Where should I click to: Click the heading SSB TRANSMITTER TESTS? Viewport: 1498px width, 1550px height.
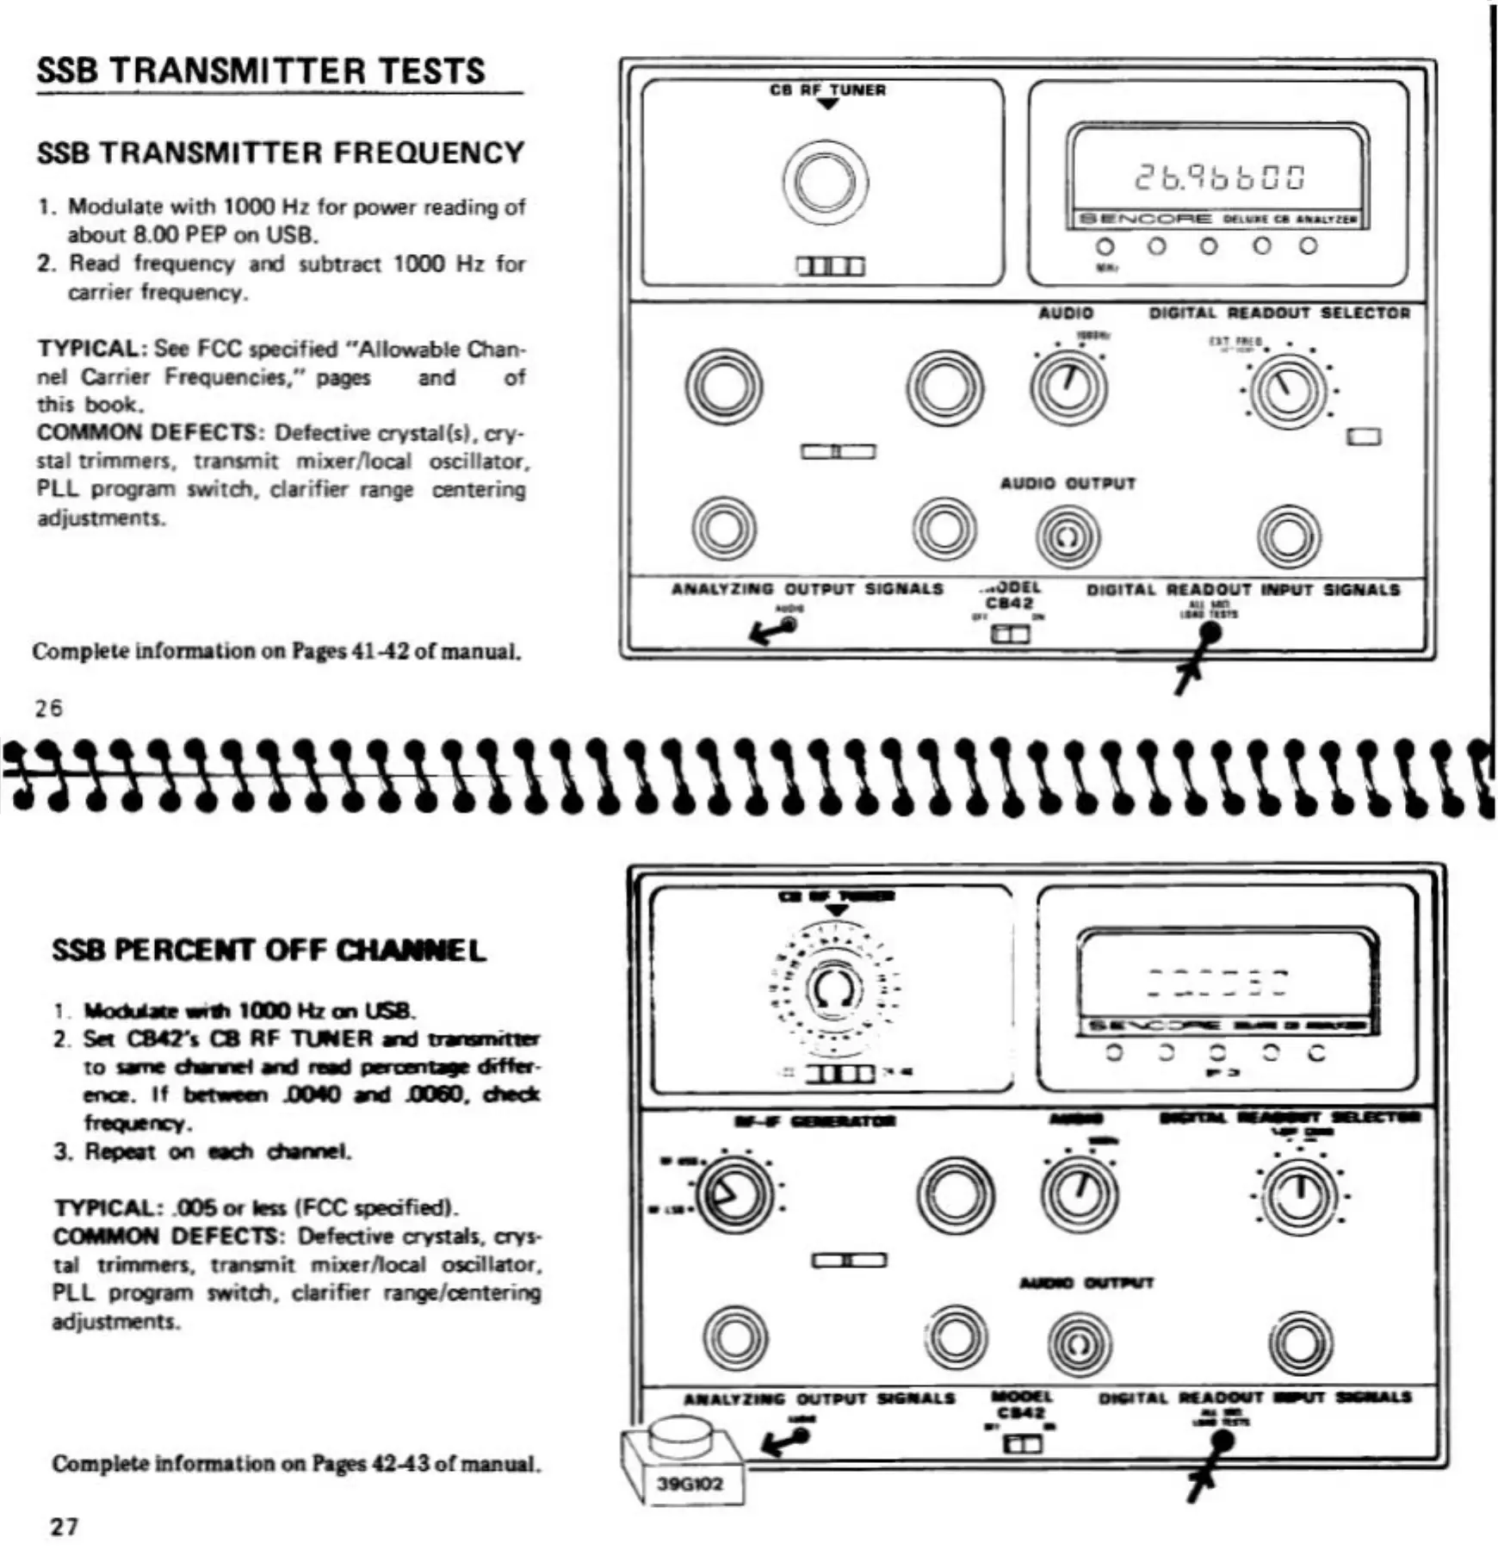coord(261,71)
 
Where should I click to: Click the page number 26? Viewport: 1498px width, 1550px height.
coord(49,708)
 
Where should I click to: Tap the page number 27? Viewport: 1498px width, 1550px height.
coord(65,1527)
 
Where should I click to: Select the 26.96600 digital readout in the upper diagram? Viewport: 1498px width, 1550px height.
coord(1219,177)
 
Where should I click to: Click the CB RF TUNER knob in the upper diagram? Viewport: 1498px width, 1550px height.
coord(825,182)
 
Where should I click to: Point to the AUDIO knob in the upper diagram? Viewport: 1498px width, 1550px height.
coord(1068,387)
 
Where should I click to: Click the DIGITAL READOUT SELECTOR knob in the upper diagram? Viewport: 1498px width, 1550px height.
coord(1288,390)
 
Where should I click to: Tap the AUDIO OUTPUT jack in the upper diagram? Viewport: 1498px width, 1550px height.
coord(1068,536)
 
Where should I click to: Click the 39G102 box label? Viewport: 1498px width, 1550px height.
coord(690,1484)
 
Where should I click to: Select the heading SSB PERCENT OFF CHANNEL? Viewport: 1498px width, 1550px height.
coord(269,951)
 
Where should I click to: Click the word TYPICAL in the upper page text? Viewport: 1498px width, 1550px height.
coord(90,349)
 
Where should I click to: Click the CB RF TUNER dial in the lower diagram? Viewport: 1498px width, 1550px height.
coord(833,989)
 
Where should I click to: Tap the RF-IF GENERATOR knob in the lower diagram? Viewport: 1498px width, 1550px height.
coord(734,1195)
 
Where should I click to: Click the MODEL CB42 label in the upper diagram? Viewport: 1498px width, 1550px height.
coord(1010,596)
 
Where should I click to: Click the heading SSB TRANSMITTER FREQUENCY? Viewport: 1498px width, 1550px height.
coord(281,153)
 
